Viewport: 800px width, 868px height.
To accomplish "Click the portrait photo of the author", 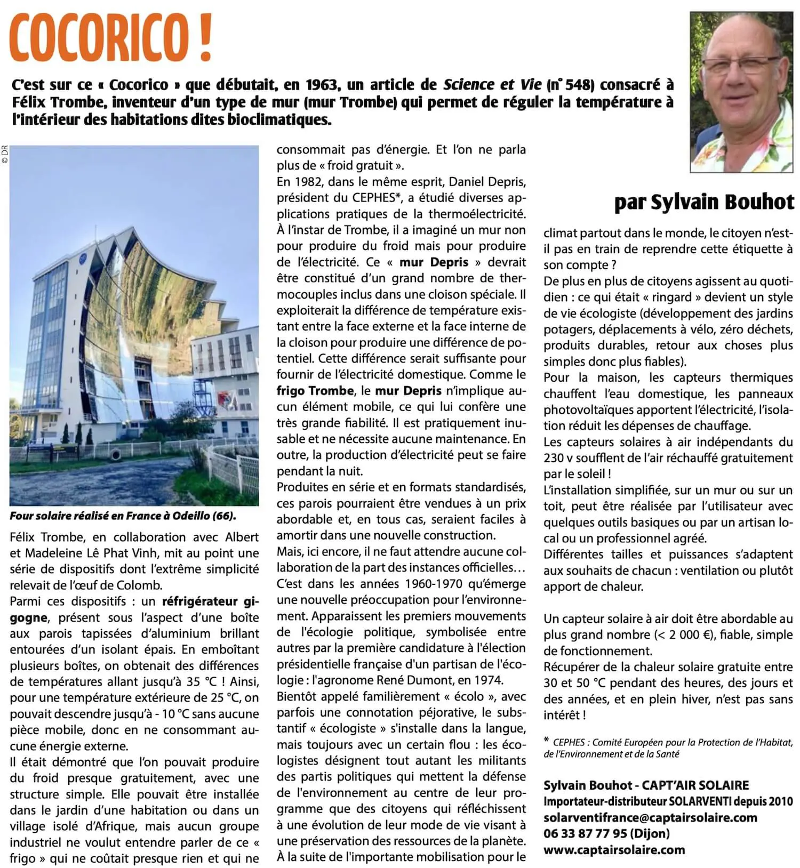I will coord(741,92).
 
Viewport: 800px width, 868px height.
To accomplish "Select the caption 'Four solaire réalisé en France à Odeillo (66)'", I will coord(123,516).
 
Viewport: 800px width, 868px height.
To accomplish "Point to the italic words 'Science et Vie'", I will coord(492,85).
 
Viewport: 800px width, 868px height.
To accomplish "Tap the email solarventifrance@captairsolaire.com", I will coord(650,817).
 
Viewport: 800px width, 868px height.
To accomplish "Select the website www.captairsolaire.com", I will coord(614,850).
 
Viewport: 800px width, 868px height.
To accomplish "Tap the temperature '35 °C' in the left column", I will coord(199,682).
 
